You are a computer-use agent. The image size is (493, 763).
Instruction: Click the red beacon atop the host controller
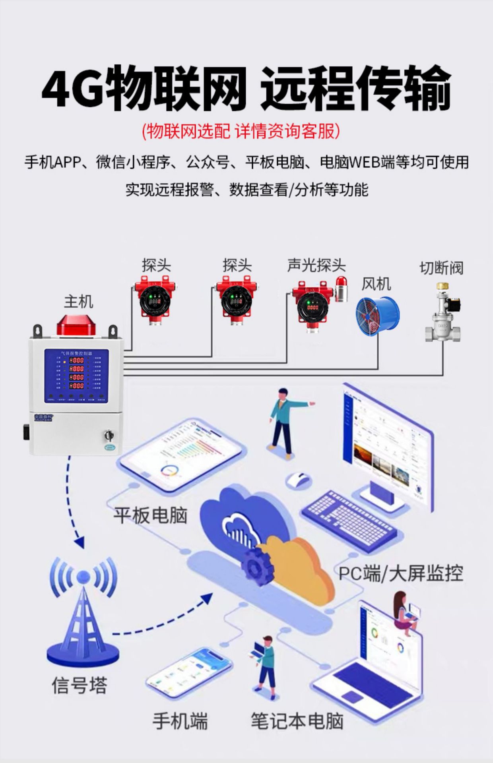[76, 325]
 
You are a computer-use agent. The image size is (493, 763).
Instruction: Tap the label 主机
[78, 302]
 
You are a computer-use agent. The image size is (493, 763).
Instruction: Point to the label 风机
[376, 284]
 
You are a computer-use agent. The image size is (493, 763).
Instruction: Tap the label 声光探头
[316, 265]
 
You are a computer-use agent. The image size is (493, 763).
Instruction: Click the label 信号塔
[80, 685]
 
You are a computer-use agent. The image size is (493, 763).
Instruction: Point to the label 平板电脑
[150, 515]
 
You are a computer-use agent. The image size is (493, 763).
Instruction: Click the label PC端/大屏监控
[401, 574]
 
